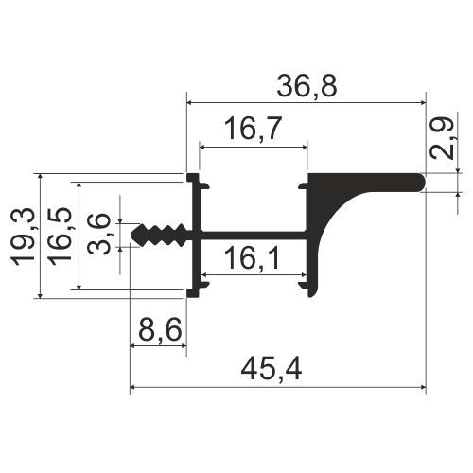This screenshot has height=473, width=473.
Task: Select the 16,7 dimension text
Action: (253, 131)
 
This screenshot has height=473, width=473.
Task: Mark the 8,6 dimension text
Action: (158, 330)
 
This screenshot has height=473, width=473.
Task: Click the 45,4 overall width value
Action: (277, 370)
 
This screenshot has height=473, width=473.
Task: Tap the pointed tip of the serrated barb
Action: (132, 235)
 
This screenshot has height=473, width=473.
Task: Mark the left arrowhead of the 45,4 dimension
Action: (133, 387)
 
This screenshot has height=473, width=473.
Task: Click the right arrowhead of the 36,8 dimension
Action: (421, 99)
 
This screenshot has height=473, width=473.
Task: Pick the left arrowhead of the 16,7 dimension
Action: (202, 147)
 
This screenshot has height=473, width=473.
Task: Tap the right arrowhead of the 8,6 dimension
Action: (182, 345)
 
